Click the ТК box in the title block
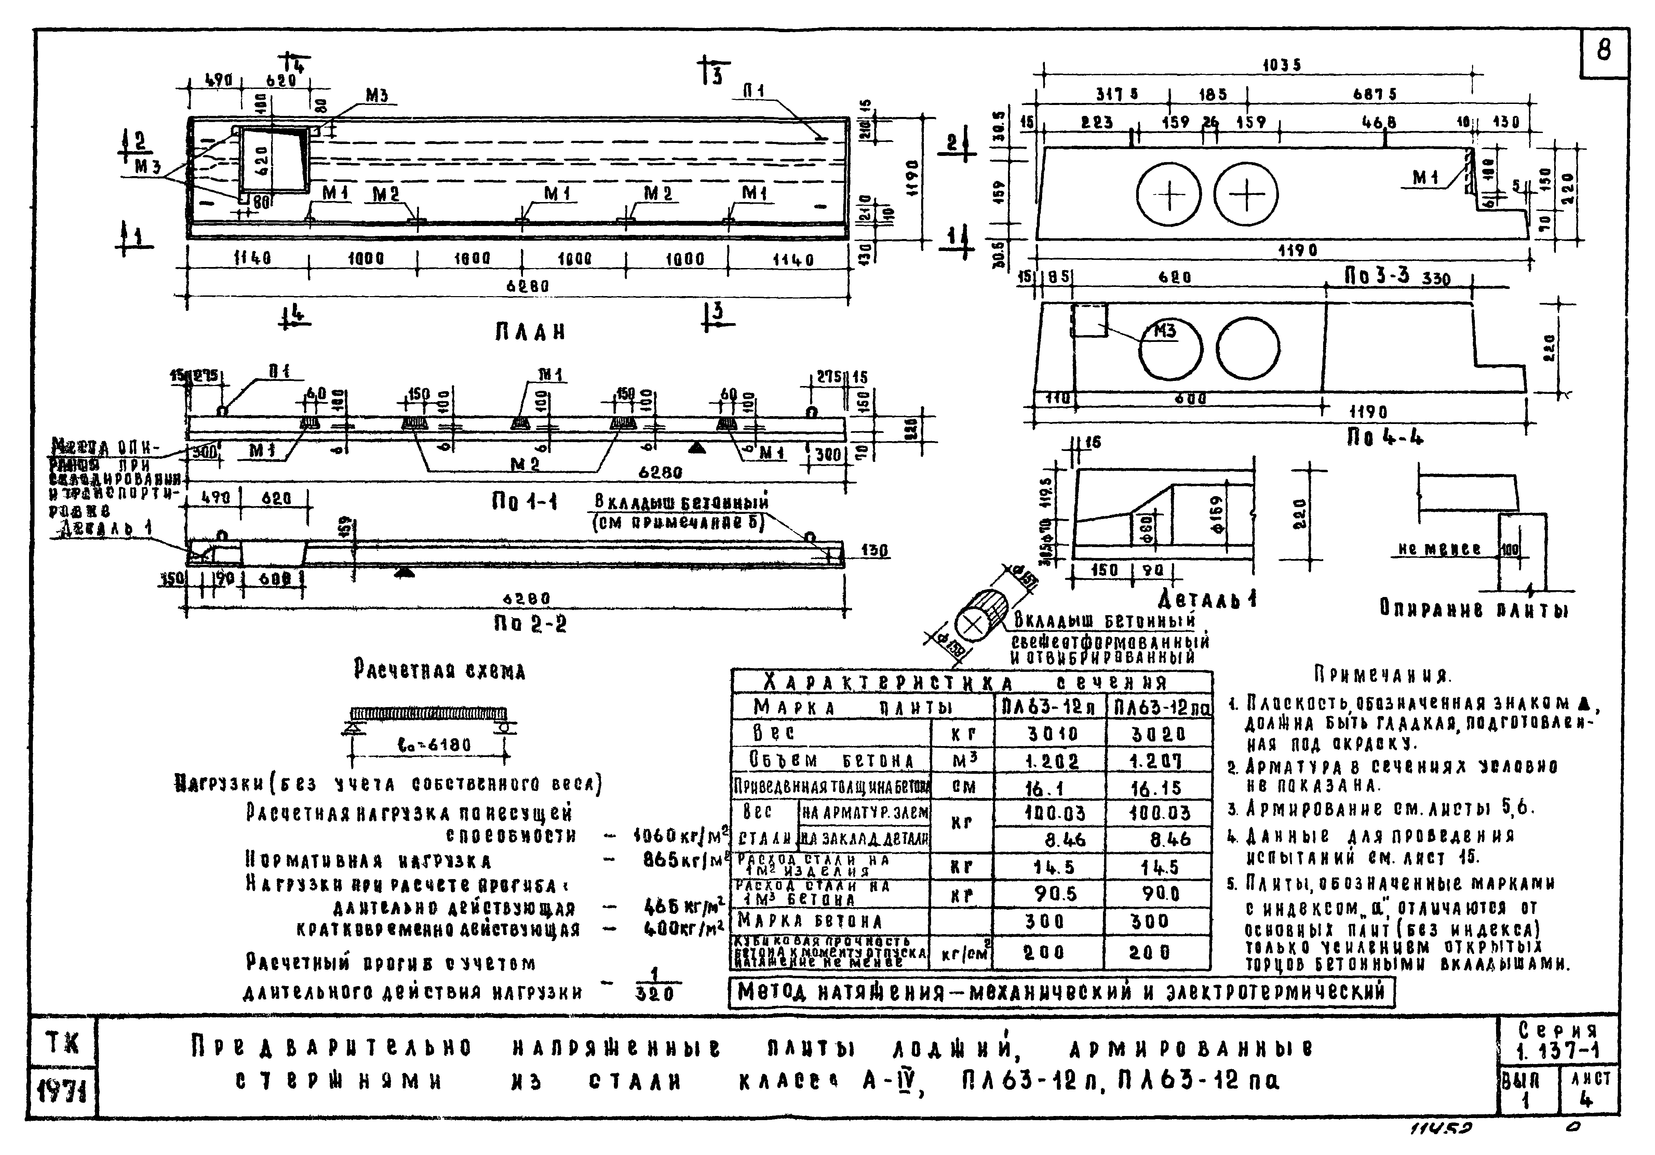[x=62, y=1043]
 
